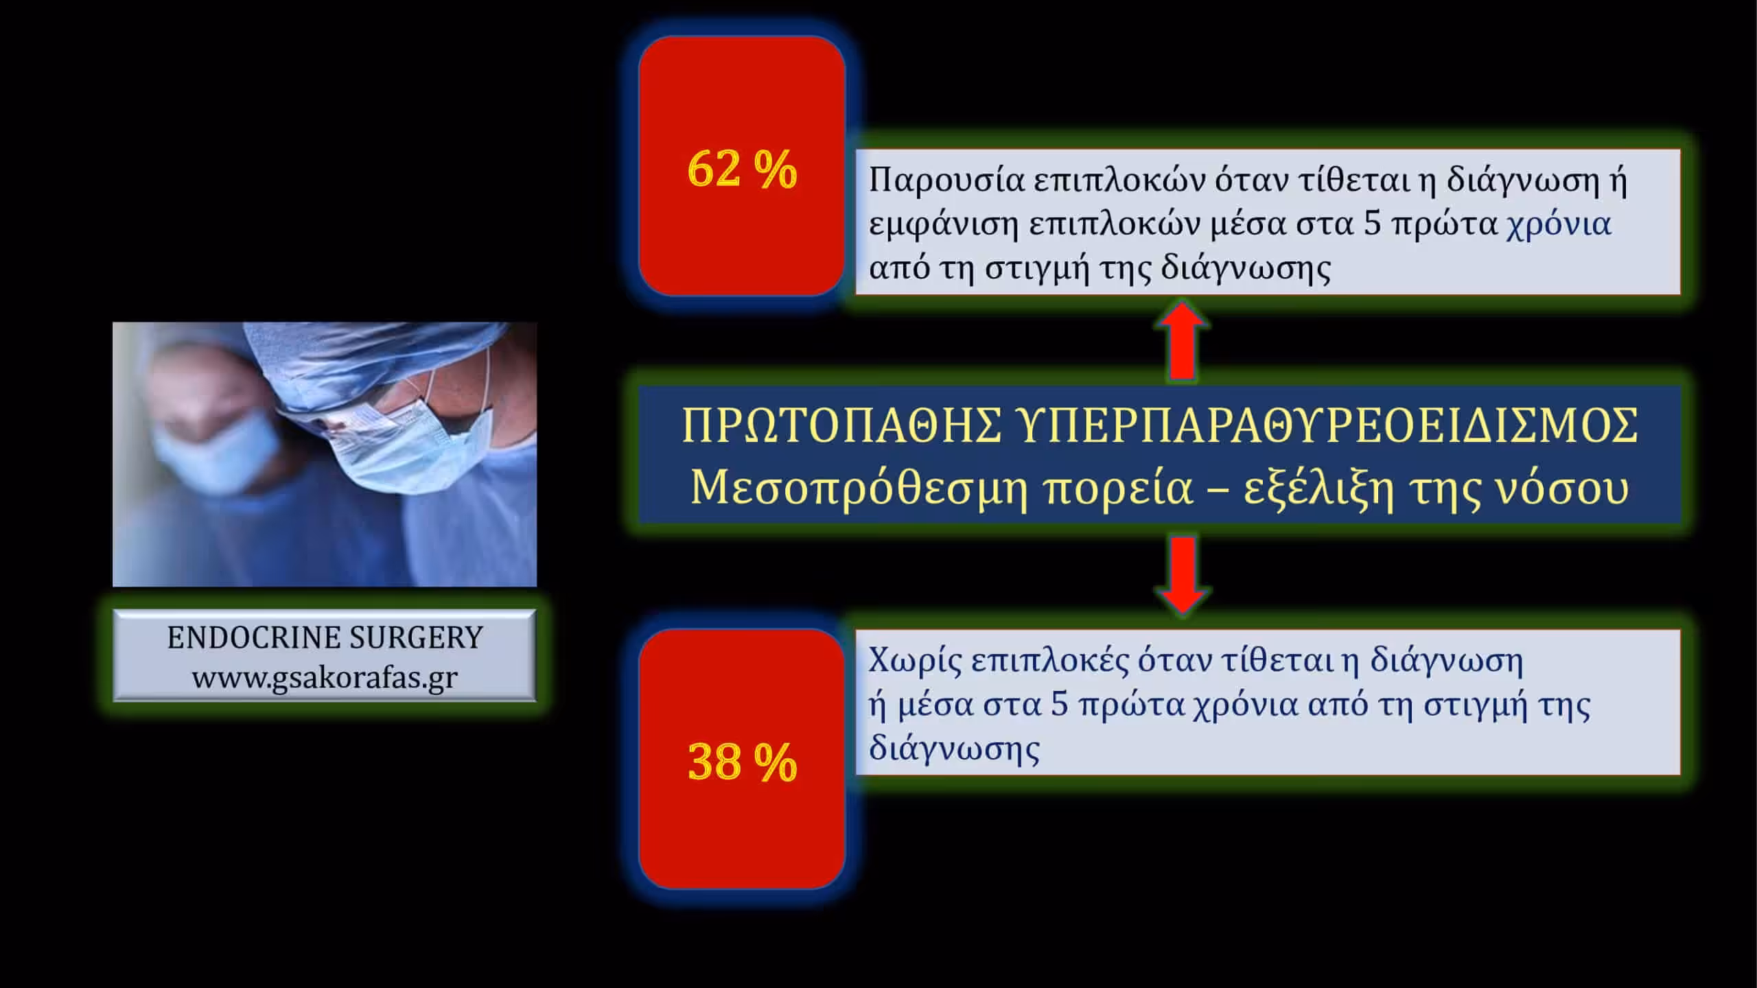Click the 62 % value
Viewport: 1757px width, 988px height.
(742, 169)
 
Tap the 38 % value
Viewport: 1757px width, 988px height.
(742, 762)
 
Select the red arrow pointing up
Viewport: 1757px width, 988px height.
(1182, 341)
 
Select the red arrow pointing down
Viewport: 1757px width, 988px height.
(1182, 575)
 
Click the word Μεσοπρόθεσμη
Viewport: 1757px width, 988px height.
(859, 489)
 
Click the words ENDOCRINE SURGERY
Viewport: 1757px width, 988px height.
(325, 637)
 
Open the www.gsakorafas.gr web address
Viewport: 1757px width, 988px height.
(325, 677)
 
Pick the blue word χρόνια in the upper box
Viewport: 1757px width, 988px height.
(1559, 224)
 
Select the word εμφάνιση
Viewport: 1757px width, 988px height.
(943, 225)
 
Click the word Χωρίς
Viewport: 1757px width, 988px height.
(913, 661)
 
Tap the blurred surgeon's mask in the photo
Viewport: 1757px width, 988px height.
(216, 446)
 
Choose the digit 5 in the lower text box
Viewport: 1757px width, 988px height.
(1060, 705)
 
